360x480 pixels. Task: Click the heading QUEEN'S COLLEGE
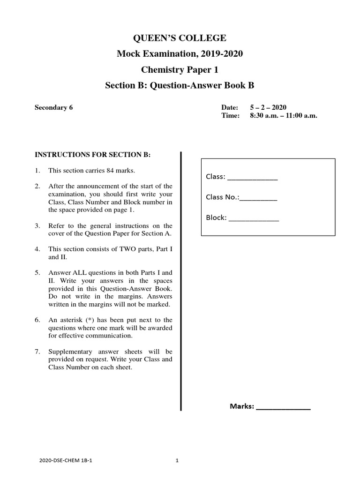click(x=180, y=38)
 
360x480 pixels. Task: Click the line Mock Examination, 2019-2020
click(x=180, y=54)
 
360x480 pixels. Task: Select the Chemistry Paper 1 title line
click(x=180, y=70)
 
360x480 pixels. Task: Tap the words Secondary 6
click(x=54, y=107)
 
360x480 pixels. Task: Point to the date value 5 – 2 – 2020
click(x=269, y=107)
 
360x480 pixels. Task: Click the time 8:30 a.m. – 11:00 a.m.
click(x=284, y=115)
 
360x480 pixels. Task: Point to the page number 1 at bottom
click(x=177, y=461)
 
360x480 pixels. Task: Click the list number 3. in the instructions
click(x=37, y=226)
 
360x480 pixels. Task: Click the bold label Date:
click(x=230, y=107)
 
